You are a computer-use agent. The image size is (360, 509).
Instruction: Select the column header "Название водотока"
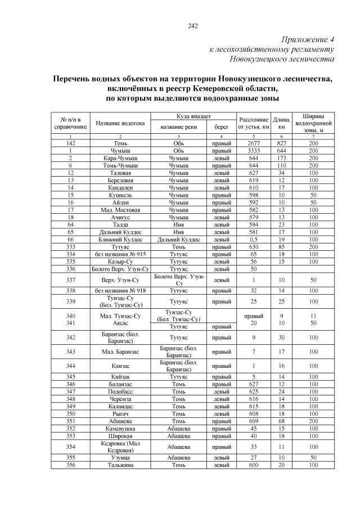click(120, 123)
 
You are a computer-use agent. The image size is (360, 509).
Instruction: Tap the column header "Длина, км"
click(281, 123)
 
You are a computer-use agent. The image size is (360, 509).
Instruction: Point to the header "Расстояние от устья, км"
click(253, 123)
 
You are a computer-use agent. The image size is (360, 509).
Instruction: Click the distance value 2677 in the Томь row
click(253, 143)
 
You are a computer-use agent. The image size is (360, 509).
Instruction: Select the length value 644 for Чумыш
click(281, 151)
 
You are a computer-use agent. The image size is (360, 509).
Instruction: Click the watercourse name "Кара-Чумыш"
click(120, 158)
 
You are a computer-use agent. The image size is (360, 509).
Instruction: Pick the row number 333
click(71, 246)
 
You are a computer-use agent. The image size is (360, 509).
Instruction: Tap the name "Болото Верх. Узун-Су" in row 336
click(120, 268)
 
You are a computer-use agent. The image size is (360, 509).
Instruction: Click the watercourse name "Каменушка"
click(120, 427)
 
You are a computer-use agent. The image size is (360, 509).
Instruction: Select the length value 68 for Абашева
click(281, 420)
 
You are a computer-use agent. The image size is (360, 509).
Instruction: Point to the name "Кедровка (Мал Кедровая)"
click(120, 447)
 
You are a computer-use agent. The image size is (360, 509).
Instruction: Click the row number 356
click(71, 465)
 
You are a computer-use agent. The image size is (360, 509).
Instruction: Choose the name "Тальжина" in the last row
click(120, 465)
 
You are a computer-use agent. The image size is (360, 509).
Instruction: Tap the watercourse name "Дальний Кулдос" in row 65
click(120, 231)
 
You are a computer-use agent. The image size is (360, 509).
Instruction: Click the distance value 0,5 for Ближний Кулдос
click(253, 238)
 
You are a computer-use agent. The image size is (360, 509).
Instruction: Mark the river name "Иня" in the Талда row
click(178, 224)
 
